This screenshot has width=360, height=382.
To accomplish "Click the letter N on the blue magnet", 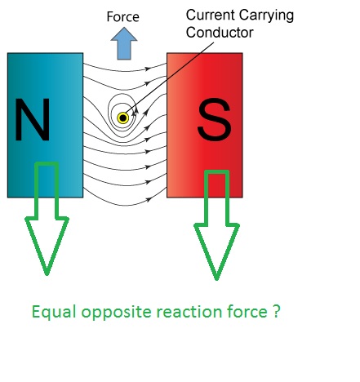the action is click(x=33, y=119).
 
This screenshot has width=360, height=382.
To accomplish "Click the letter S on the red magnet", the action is click(x=215, y=120).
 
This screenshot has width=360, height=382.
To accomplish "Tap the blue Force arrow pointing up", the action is click(x=124, y=43).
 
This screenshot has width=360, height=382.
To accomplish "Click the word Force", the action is click(x=123, y=17).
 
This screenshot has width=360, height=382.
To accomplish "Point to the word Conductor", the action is click(x=220, y=33).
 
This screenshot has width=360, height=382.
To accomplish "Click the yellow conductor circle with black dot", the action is click(x=123, y=118).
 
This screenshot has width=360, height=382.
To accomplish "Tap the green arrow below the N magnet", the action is click(x=47, y=219).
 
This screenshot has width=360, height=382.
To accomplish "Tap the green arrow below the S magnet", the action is click(x=216, y=224).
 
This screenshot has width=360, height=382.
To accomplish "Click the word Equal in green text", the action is click(x=54, y=312).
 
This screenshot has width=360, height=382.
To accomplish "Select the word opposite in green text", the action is click(x=116, y=312).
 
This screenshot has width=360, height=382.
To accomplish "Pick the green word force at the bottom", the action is click(x=247, y=312).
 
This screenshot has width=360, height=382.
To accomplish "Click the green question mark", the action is click(x=276, y=312).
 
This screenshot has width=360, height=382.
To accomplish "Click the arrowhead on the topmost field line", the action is click(x=148, y=69).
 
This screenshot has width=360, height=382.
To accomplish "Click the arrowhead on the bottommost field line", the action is click(x=149, y=200).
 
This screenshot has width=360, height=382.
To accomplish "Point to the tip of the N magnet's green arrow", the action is click(x=47, y=275).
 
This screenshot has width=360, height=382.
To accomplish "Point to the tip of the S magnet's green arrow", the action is click(x=216, y=280).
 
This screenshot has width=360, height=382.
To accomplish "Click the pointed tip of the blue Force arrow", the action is click(x=124, y=27).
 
